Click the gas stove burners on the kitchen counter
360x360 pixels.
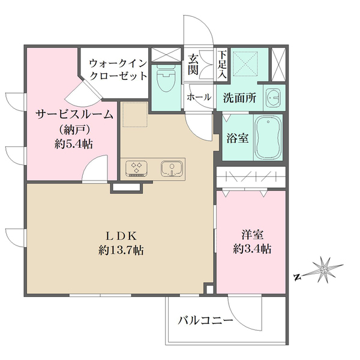point(137,168)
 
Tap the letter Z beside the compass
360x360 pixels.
point(297,277)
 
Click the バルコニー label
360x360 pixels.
point(205,322)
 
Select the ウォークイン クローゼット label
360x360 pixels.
point(118,68)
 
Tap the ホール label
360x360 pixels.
point(199,97)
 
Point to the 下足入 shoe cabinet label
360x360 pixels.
point(222,64)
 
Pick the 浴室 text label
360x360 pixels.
point(235,137)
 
